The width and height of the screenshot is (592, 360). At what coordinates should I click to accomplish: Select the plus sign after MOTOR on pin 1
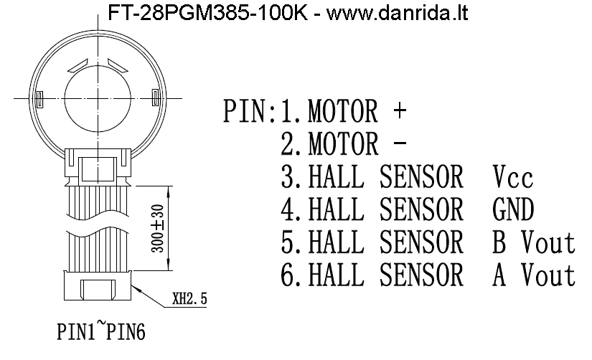(400, 113)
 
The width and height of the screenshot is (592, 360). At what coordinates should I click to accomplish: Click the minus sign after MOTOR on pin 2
(400, 146)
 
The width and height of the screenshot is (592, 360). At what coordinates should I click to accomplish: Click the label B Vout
(534, 243)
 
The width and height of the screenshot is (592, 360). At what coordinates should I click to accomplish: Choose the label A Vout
(534, 276)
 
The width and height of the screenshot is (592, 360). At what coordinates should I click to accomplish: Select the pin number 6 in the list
(289, 276)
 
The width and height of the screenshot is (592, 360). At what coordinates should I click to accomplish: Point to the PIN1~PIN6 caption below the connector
(103, 333)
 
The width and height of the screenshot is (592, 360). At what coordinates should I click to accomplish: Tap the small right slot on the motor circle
(156, 96)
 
